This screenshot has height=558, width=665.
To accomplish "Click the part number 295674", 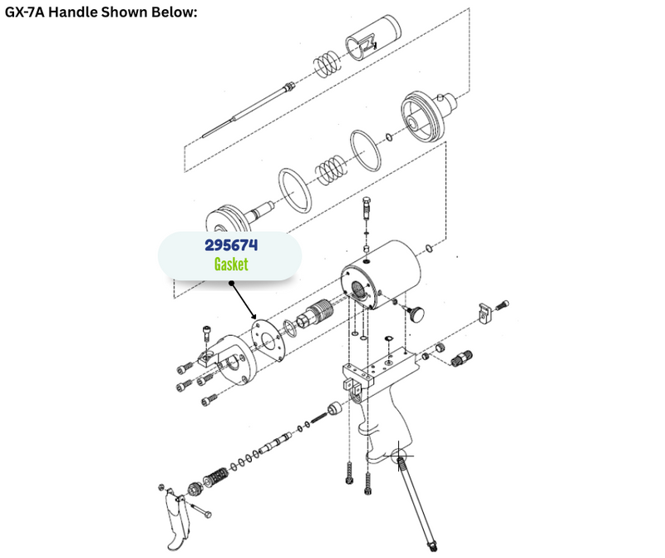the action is pos(231,245).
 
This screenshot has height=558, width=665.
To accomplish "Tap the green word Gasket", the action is pos(231,264).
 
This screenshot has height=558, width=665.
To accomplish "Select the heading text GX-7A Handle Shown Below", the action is pos(101,12).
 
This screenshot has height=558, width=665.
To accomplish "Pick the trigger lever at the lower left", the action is pos(177,519).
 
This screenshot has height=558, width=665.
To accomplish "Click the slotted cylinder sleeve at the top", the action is pos(373,38).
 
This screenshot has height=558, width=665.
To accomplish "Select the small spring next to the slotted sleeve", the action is pos(327,64).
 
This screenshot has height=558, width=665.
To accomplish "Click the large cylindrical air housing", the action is pos(382,274).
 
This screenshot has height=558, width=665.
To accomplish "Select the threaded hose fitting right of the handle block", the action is pos(461,358).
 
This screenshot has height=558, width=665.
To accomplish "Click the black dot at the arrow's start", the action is pos(231,283).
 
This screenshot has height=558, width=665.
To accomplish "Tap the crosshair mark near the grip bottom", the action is pos(399,457).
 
